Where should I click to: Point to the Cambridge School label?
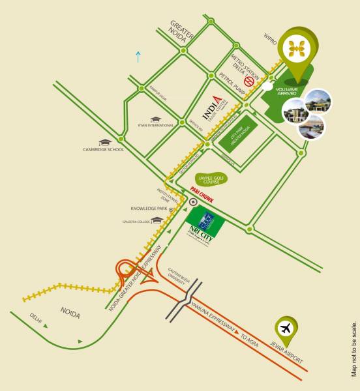(x=103, y=150)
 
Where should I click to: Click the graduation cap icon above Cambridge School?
(x=104, y=141)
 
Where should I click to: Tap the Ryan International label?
(x=156, y=125)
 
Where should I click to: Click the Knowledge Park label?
(x=149, y=209)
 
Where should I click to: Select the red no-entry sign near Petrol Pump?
(x=248, y=81)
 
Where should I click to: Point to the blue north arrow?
(x=137, y=56)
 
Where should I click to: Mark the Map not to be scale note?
(x=353, y=348)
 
